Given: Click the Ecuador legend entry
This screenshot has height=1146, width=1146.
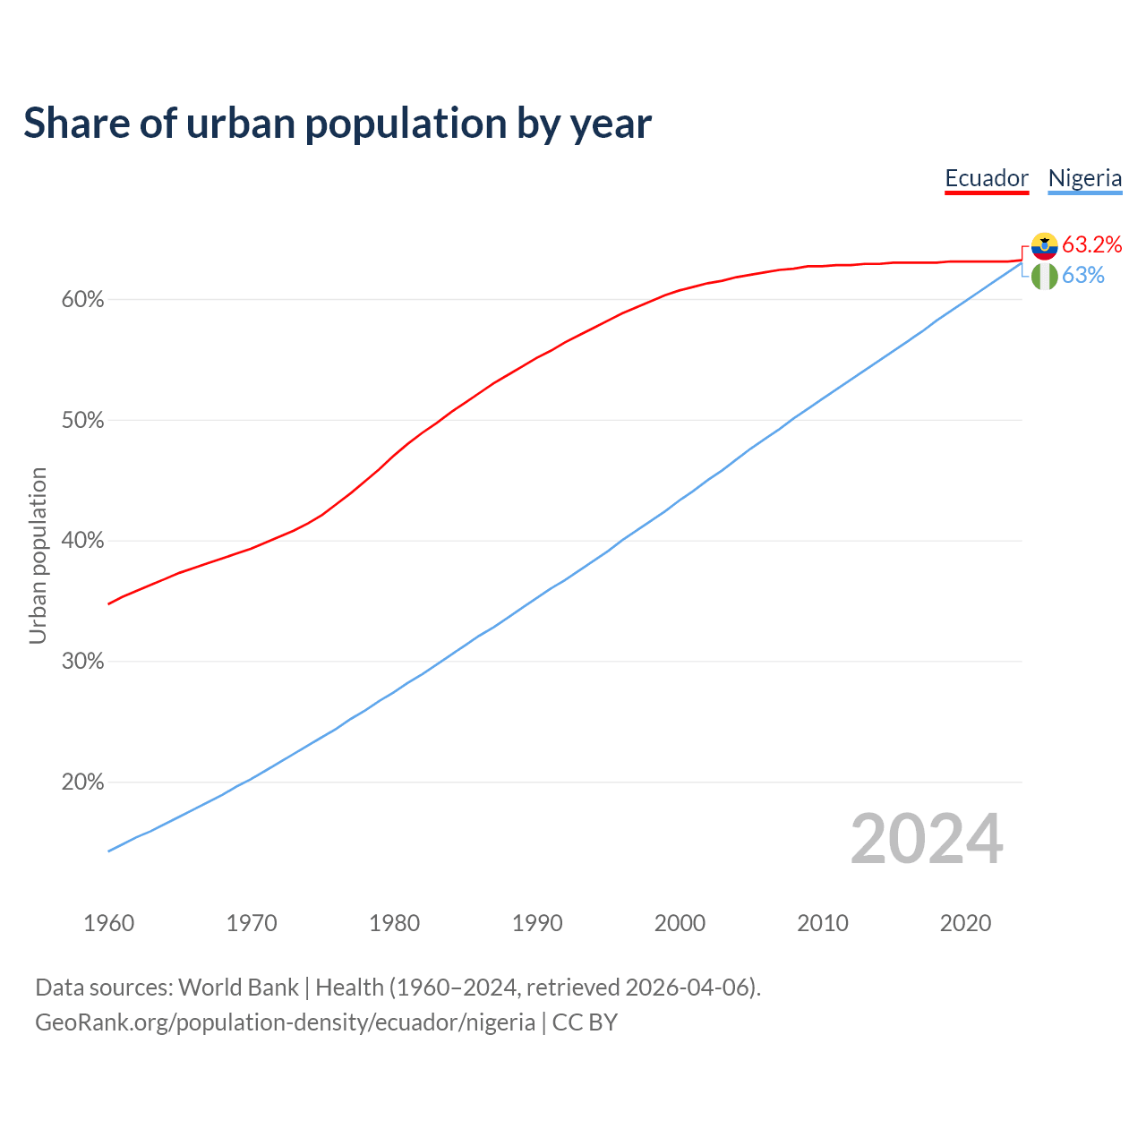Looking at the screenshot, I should [x=987, y=178].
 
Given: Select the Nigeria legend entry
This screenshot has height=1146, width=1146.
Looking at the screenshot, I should [x=1085, y=178].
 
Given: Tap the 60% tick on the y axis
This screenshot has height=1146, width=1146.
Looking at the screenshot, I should [x=82, y=300].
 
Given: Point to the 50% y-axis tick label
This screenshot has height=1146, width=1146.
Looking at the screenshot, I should [x=82, y=421].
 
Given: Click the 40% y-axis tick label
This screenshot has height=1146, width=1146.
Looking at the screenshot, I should [x=82, y=541].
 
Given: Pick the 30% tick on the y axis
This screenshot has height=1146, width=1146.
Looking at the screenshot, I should [x=82, y=662].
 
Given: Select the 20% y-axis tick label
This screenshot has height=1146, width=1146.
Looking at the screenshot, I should [x=82, y=783].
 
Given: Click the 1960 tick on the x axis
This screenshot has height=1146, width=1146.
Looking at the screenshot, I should [x=109, y=923].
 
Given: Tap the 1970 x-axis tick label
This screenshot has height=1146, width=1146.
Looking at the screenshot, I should [x=252, y=923].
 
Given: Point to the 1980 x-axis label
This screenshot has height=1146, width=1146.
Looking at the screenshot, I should [x=395, y=923].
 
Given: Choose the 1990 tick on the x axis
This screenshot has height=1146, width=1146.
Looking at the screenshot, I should [x=537, y=923].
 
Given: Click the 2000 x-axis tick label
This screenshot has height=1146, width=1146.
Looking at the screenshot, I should [x=680, y=923].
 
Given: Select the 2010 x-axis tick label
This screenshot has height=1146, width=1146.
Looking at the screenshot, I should [x=823, y=923].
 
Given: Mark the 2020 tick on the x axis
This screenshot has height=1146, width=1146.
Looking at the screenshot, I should [x=965, y=923].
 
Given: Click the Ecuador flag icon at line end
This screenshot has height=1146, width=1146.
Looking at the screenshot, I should [x=1044, y=245].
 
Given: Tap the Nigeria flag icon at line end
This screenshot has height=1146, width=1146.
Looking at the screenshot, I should [x=1044, y=276].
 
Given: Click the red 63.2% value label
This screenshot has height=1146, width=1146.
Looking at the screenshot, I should [x=1092, y=245].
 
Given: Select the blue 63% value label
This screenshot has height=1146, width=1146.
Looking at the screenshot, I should [x=1083, y=276].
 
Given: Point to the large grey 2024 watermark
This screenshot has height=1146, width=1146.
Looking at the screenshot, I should [x=927, y=839].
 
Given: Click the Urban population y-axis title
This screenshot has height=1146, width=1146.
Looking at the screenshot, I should [x=38, y=555].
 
